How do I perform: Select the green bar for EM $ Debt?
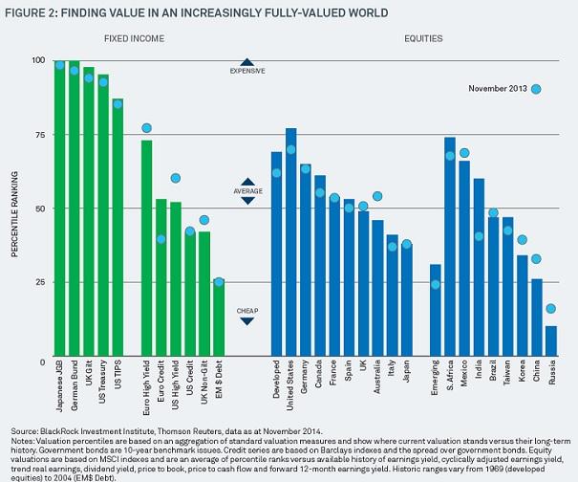[219, 319]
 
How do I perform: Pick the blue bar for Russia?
[550, 341]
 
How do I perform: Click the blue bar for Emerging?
[436, 311]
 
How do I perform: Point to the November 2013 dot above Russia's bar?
[550, 309]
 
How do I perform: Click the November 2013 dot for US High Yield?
[176, 178]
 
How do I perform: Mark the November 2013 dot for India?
[479, 236]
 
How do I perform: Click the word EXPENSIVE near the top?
[247, 71]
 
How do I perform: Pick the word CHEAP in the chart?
[247, 311]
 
